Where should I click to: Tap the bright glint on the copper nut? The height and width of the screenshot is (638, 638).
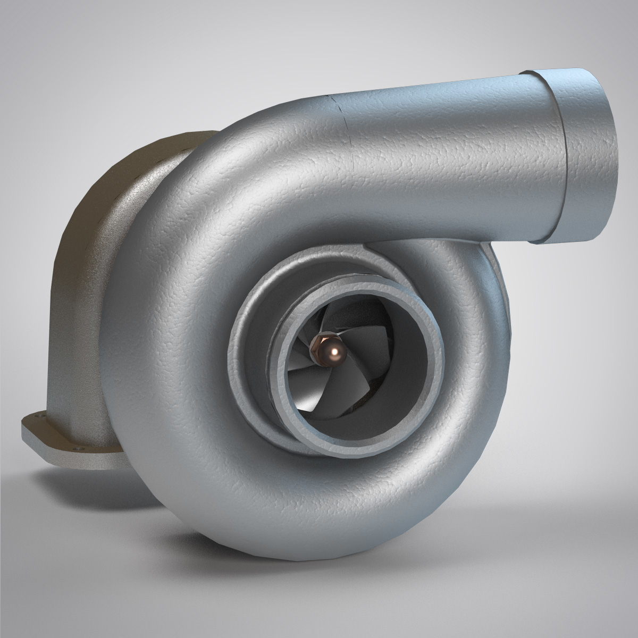pyautogui.click(x=335, y=351)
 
